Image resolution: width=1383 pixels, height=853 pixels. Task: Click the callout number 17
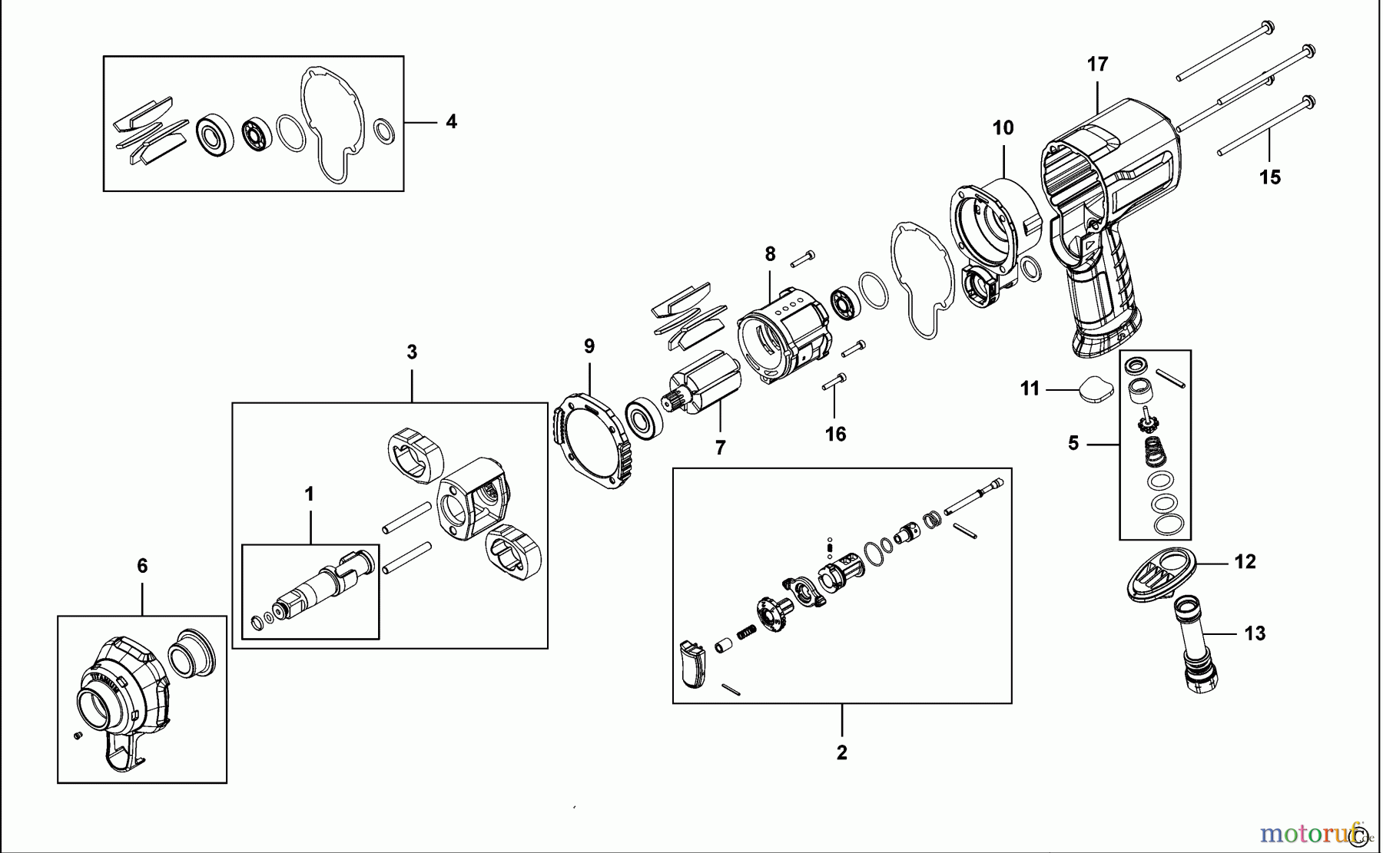1097,64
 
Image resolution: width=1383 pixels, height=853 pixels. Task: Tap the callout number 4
451,121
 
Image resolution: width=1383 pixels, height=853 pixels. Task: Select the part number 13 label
1255,633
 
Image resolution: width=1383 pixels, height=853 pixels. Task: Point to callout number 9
589,346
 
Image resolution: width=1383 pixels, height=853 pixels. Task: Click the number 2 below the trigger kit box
842,752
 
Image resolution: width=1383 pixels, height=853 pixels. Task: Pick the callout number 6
142,567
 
